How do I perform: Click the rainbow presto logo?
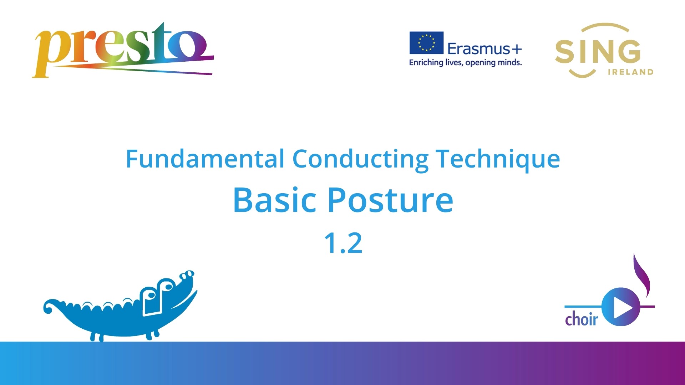123,50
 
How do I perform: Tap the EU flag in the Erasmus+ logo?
426,43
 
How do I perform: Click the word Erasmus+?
484,49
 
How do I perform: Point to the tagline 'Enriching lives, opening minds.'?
466,63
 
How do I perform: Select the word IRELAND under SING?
630,72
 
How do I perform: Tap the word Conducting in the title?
360,159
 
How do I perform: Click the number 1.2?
343,243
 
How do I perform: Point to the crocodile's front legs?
153,334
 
